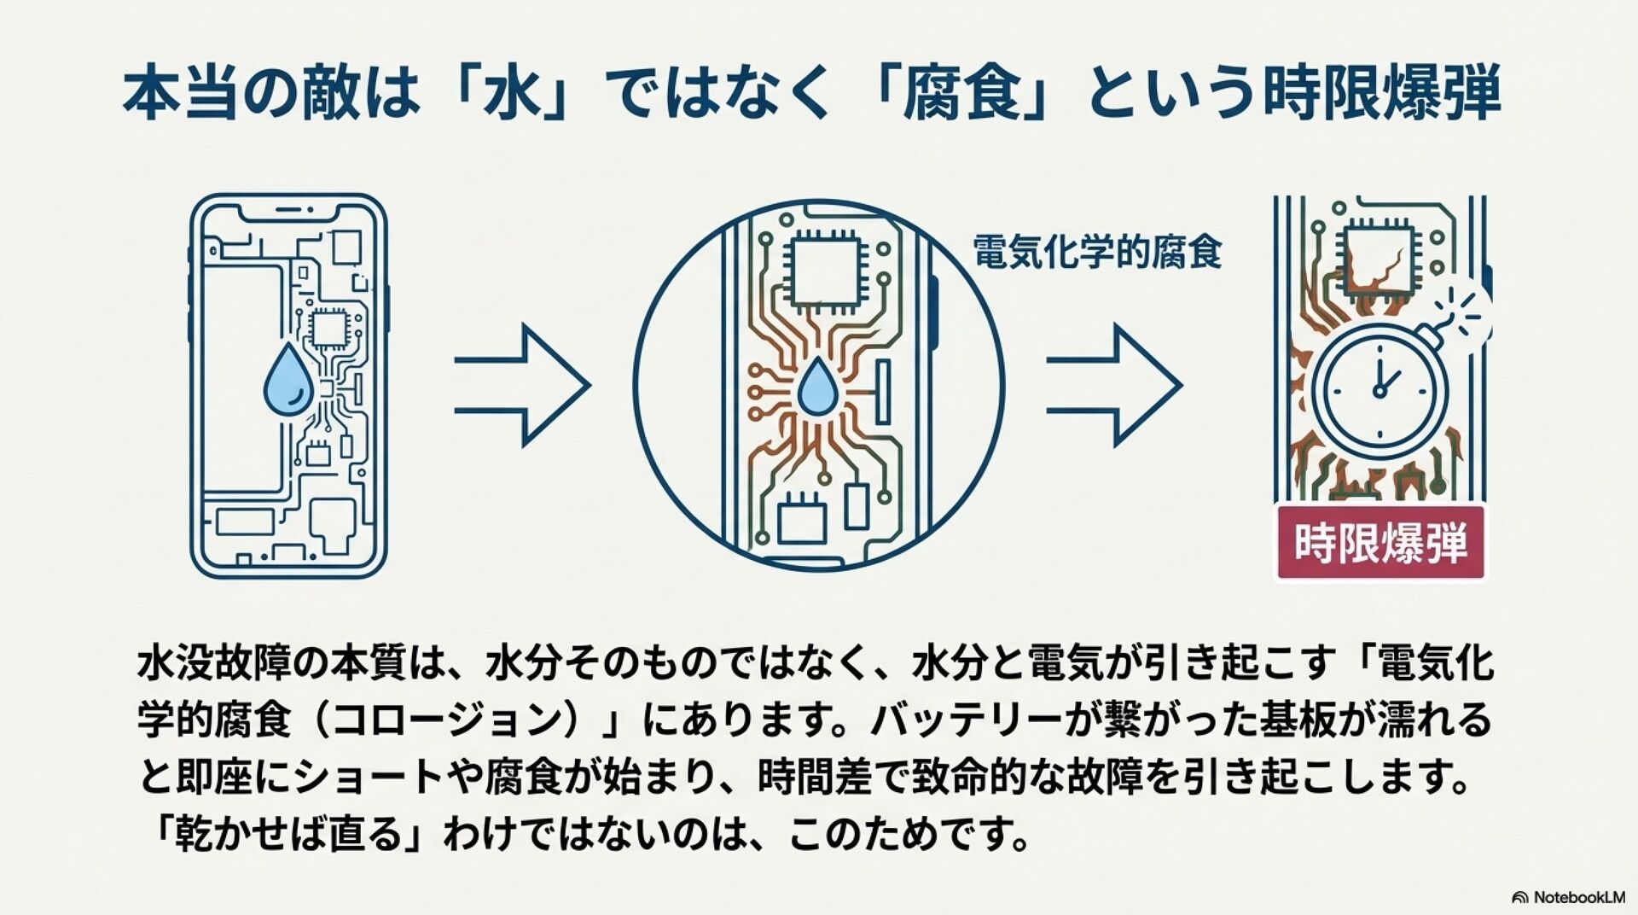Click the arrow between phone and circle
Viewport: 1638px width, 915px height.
coord(522,386)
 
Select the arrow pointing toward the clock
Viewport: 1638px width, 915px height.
coord(1114,386)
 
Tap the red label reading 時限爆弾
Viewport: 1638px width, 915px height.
coord(1380,543)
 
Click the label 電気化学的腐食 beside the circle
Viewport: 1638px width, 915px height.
coord(1097,252)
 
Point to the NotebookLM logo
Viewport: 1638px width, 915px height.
coord(1567,897)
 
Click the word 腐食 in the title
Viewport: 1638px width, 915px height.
coord(978,95)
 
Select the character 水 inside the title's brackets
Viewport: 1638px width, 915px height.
coord(519,95)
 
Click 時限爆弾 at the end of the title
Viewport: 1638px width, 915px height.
coord(1380,95)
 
